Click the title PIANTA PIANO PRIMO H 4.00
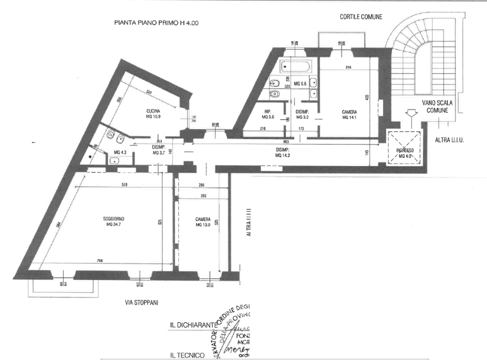point(157,23)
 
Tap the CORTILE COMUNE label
point(360,16)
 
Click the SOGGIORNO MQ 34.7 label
point(114,221)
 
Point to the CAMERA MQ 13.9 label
point(203,222)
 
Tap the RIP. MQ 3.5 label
point(268,114)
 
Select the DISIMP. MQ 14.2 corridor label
point(283,152)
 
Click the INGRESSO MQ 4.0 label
point(405,153)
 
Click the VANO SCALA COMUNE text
point(437,106)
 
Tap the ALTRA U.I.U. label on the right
point(449,140)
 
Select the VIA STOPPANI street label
point(142,302)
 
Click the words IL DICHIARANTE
point(192,325)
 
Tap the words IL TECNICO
point(187,355)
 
